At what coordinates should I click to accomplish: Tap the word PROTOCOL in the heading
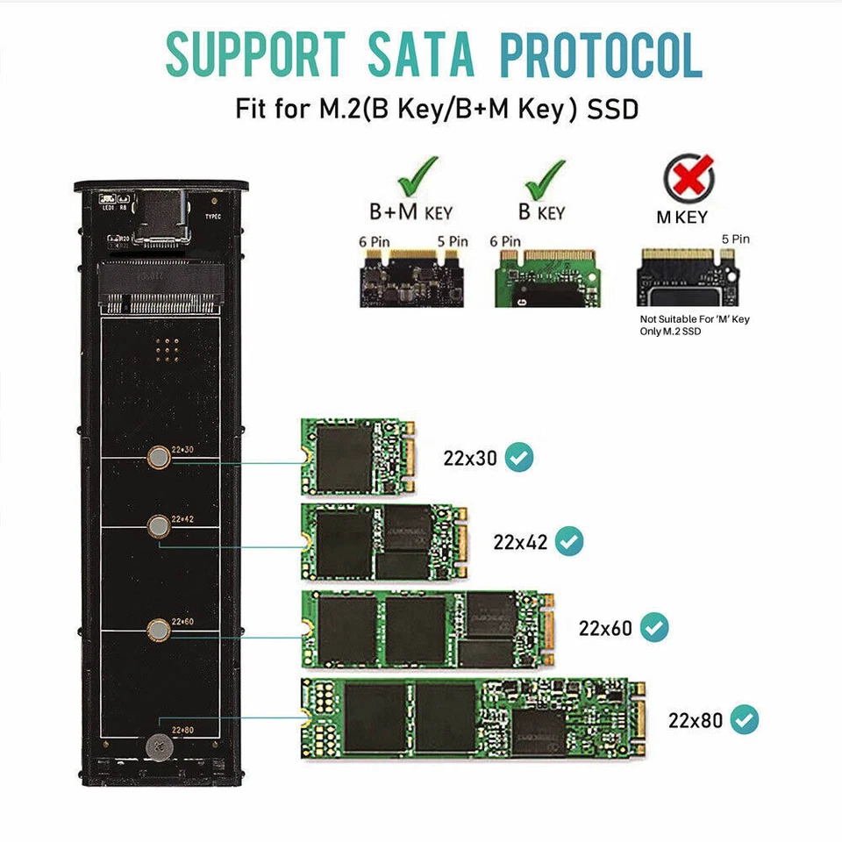click(601, 55)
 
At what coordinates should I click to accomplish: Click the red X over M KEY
click(689, 180)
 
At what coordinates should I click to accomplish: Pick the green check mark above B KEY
click(544, 177)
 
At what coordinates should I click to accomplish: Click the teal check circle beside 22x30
click(519, 457)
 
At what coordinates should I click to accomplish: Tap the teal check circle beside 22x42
click(570, 540)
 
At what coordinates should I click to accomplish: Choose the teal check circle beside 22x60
click(654, 627)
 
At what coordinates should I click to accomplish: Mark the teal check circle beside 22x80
click(744, 720)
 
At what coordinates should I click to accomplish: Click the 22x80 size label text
click(695, 721)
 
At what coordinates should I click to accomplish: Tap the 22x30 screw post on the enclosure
click(158, 456)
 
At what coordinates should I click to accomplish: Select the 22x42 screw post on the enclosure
click(158, 526)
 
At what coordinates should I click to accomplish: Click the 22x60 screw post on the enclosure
click(158, 629)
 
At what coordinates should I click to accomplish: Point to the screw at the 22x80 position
click(159, 745)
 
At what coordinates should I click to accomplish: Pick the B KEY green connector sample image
click(544, 276)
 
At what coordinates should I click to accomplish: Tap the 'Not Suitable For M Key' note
click(694, 325)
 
